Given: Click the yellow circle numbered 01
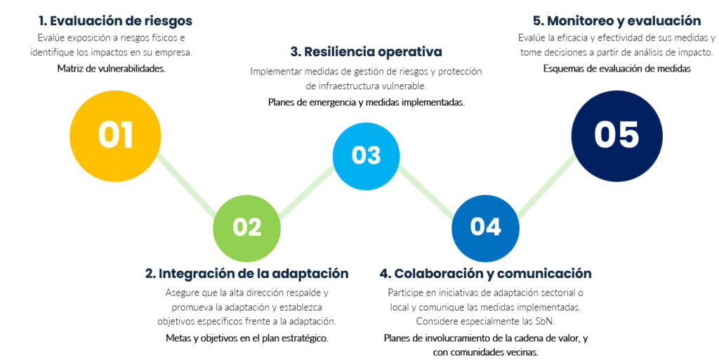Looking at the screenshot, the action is click(115, 136).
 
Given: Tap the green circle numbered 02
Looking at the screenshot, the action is click(246, 228).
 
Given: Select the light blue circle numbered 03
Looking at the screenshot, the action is click(366, 156).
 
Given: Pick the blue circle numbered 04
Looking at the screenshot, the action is click(486, 228).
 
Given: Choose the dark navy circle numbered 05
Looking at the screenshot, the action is click(616, 136).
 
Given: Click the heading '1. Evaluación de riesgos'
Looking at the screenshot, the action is click(116, 20).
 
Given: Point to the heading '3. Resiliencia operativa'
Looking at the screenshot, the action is click(367, 52).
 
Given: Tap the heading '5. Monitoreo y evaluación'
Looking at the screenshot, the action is click(616, 20).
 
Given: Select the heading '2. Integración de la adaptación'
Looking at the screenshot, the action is click(246, 274).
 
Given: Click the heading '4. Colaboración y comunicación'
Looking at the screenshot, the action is click(486, 274).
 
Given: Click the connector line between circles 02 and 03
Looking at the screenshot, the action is click(306, 192).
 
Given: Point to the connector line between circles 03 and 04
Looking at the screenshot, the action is click(426, 192).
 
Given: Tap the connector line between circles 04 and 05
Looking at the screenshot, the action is click(546, 185).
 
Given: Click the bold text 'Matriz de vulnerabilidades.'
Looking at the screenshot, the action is click(112, 69).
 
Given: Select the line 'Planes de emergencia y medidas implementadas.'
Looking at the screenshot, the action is click(367, 102).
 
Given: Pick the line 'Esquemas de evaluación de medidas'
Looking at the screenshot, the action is click(617, 69).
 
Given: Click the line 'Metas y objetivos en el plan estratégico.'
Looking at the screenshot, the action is click(247, 338).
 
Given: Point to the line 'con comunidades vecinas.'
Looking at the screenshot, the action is click(486, 353).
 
